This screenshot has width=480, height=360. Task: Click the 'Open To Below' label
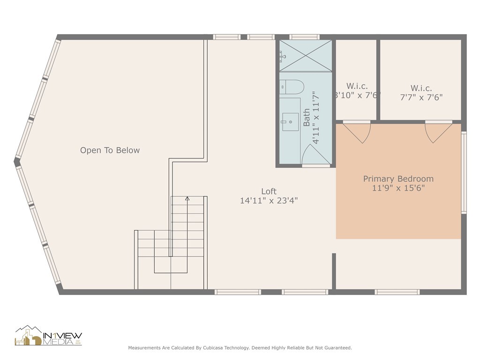click(110, 150)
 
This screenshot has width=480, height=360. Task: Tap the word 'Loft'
click(269, 191)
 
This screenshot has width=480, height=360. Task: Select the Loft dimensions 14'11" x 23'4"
click(269, 201)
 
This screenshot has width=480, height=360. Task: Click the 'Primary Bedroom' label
click(398, 179)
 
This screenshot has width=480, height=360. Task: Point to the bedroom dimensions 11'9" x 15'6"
click(398, 188)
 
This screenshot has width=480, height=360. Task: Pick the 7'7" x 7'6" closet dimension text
click(421, 97)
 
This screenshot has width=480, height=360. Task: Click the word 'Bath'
click(307, 118)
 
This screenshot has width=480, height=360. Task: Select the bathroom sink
click(290, 121)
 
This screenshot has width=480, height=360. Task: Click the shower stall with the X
click(306, 55)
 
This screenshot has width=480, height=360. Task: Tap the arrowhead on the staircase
click(187, 199)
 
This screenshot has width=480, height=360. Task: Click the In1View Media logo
click(48, 336)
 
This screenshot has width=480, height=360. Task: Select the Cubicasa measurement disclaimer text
click(240, 348)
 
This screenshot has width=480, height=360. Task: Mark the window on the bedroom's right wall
click(464, 172)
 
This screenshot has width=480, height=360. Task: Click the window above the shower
click(304, 37)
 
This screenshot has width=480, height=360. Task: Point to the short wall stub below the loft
click(334, 271)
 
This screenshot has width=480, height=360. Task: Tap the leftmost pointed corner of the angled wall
click(17, 162)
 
